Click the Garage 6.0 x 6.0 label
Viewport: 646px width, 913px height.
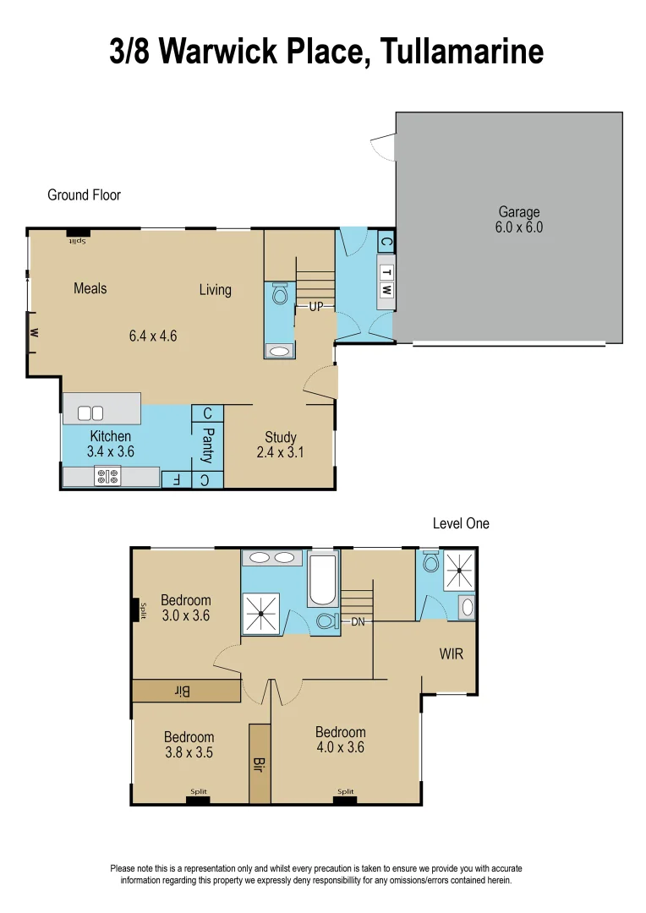(x=518, y=220)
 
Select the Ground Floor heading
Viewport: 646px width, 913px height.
(x=84, y=195)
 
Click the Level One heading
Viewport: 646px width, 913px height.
(x=461, y=523)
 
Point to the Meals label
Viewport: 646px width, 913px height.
(x=90, y=288)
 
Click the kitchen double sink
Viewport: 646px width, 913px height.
(x=90, y=413)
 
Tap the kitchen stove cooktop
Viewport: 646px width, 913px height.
(x=107, y=478)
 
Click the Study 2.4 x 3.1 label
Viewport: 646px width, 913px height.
(x=280, y=445)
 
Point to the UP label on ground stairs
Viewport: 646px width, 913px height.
(x=315, y=307)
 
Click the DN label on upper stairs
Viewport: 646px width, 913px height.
(x=358, y=621)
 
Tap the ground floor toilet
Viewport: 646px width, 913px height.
(x=281, y=295)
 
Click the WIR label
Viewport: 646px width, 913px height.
(x=452, y=654)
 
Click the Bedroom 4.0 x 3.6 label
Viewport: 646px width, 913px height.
(x=341, y=740)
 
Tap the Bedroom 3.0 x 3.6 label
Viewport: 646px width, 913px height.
(x=185, y=607)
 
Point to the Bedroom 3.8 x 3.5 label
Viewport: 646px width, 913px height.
(x=189, y=745)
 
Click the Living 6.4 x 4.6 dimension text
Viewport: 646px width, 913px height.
(x=153, y=336)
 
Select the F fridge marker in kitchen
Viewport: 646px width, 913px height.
(x=176, y=479)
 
